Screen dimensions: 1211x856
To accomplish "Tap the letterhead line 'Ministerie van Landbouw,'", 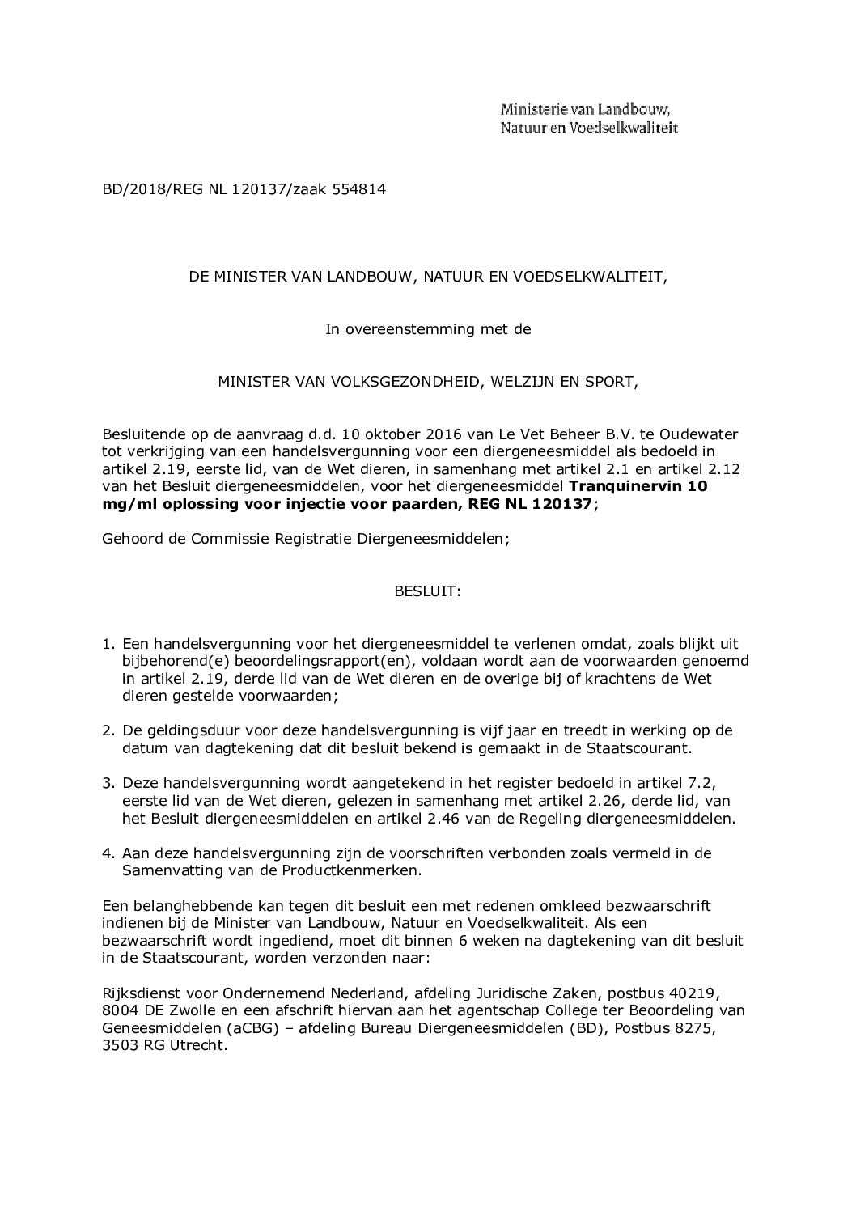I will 585,109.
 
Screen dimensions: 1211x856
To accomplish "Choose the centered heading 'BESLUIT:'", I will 427,591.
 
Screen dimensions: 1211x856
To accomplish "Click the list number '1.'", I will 107,644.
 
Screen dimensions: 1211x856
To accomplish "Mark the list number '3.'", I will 107,783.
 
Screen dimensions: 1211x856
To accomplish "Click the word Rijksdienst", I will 138,993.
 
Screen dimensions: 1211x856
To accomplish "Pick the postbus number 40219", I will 698,993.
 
